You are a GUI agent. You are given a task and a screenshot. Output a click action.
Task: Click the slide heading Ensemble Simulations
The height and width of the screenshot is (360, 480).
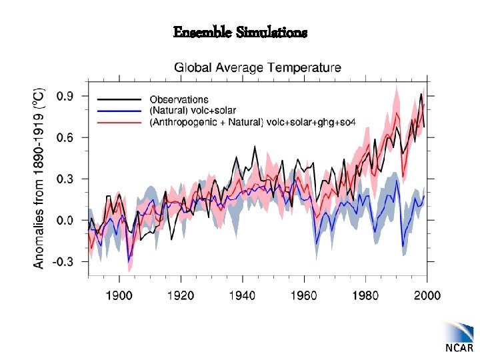coord(240,32)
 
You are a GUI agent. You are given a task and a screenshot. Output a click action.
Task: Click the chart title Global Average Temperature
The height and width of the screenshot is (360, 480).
coord(257,67)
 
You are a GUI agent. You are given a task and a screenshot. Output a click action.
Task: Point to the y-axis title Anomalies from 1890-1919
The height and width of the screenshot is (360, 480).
coord(39,176)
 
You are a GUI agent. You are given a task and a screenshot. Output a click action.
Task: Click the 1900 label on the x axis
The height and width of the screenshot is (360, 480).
coord(119,295)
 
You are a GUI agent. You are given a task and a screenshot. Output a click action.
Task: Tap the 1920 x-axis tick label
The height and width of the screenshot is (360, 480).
coord(181,295)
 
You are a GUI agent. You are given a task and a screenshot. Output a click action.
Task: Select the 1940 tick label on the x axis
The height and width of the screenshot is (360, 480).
coord(242,295)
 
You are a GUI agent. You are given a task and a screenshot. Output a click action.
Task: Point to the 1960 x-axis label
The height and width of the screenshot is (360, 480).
coord(303,295)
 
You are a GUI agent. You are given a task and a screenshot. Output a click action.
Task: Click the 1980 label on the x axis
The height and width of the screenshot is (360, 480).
coord(365,295)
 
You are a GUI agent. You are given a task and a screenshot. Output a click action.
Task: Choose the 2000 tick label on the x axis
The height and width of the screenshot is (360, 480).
coord(427,295)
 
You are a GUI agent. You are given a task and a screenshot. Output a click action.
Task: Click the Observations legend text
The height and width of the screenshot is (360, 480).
coord(179,100)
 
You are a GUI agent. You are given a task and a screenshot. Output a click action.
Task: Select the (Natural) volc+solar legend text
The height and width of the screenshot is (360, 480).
coord(193,110)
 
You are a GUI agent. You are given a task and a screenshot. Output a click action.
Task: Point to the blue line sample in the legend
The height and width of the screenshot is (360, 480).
coord(119,110)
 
